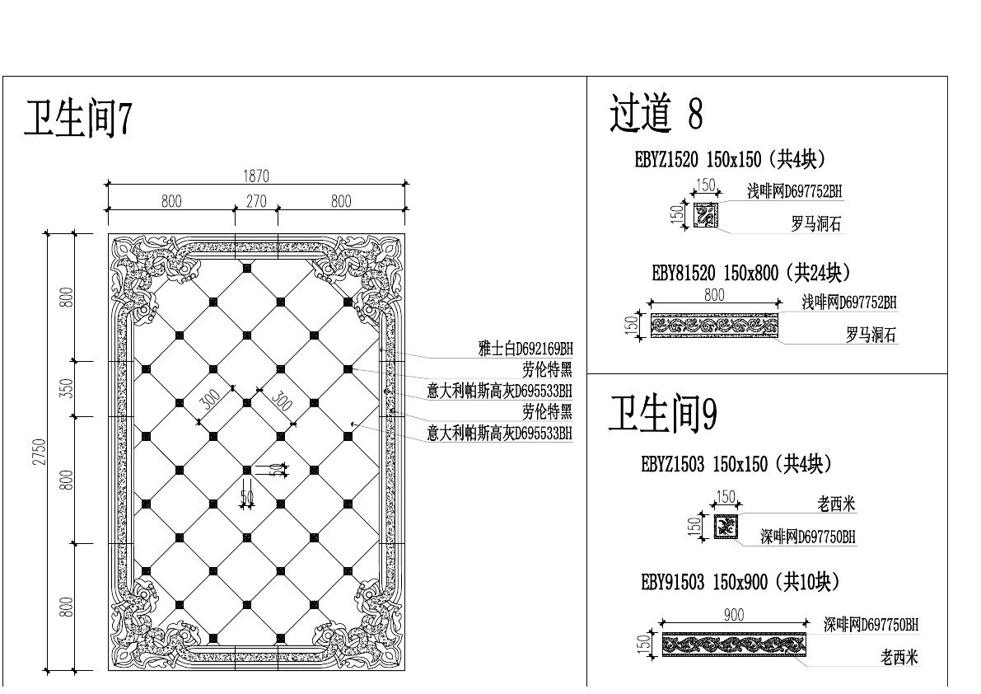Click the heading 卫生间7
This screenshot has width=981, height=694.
coord(78,120)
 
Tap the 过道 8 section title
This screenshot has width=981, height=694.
coord(656,114)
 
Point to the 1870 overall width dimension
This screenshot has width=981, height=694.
coord(256,176)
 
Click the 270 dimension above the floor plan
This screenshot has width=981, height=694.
coord(256,201)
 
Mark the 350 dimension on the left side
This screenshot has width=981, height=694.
coord(67,388)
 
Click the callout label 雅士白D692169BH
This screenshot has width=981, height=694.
coord(525,349)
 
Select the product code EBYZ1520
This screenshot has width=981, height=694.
coord(666,160)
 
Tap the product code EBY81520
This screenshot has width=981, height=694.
coord(683,273)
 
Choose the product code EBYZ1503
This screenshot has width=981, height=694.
coord(672,465)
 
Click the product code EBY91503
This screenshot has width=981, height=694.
coord(672,583)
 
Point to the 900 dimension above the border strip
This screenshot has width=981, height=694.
coord(733,615)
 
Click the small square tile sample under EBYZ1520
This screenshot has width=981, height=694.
coord(706,215)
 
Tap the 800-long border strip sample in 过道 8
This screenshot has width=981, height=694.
coord(715,325)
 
